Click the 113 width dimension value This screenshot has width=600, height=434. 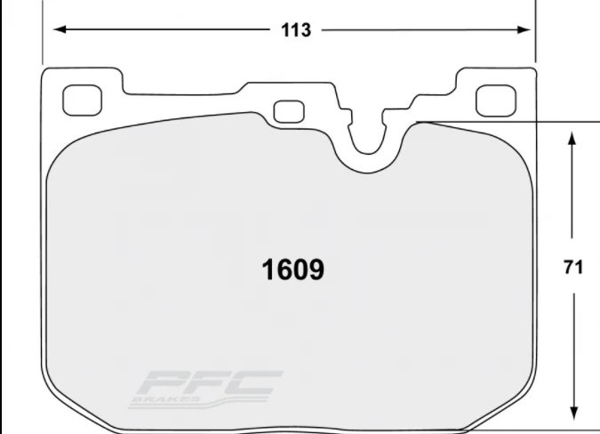296,30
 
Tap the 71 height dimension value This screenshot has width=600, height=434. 573,268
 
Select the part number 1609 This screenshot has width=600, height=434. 292,269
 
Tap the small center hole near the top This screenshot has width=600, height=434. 287,112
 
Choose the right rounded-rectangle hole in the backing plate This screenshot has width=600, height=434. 496,100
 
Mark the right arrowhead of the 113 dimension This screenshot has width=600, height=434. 525,29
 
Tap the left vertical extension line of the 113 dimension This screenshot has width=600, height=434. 43,31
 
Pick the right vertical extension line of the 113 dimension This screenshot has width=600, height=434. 534,31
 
